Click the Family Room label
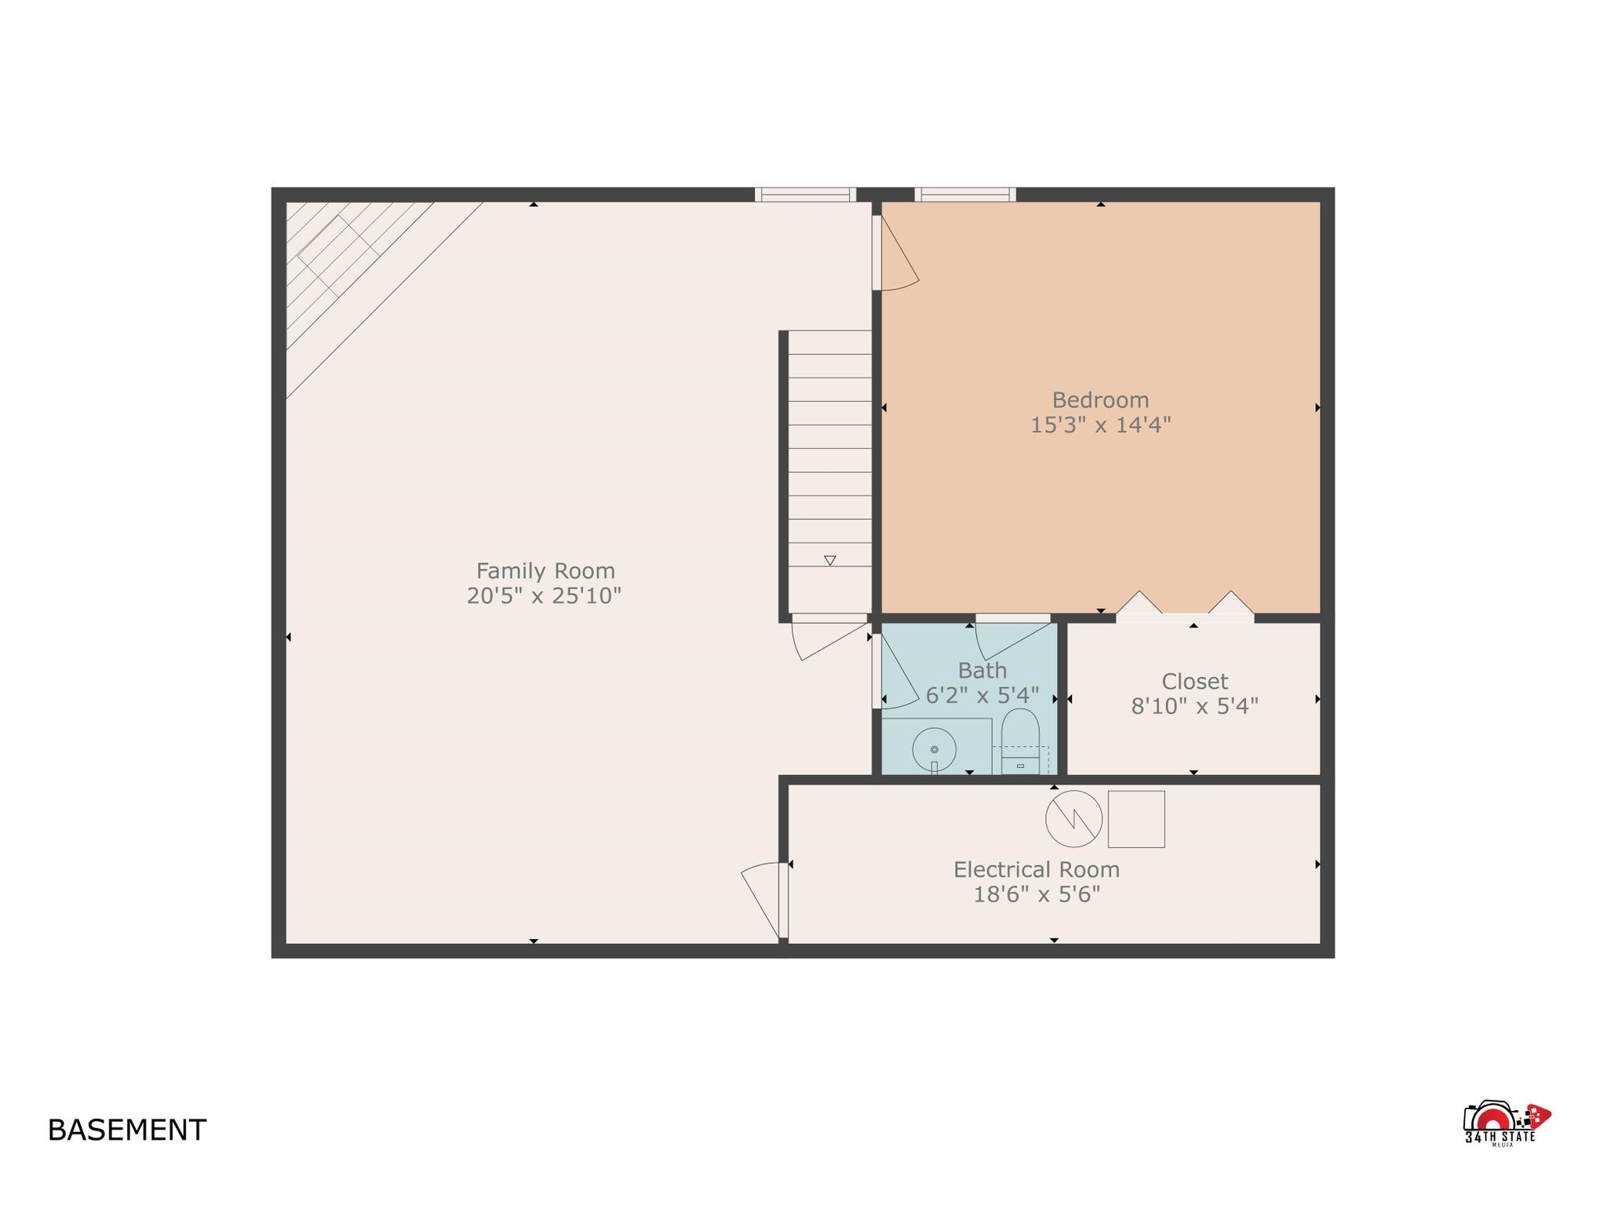click(x=545, y=570)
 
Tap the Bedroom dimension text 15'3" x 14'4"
click(x=1100, y=425)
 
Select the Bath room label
click(x=982, y=671)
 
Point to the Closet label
click(x=1194, y=681)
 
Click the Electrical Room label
click(x=1037, y=870)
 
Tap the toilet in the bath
click(x=1021, y=741)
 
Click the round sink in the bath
click(x=934, y=750)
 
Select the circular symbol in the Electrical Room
click(x=1073, y=818)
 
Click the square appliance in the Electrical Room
click(x=1136, y=819)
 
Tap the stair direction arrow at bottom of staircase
click(x=830, y=560)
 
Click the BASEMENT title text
click(x=127, y=1130)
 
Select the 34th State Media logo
click(x=1507, y=1124)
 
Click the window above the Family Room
click(x=806, y=195)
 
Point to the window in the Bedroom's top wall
click(x=965, y=195)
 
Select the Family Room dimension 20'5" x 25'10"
click(x=544, y=596)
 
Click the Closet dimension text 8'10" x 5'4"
click(x=1194, y=707)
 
